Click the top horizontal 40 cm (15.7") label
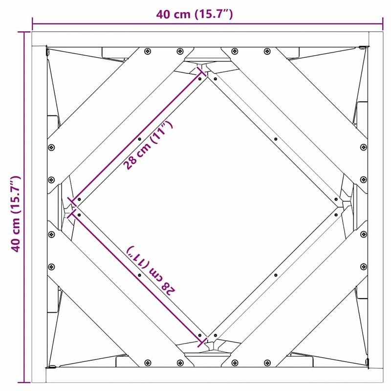pyautogui.click(x=194, y=14)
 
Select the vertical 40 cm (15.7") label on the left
pyautogui.click(x=16, y=214)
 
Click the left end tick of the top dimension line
pyautogui.click(x=33, y=22)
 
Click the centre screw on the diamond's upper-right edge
pyautogui.click(x=276, y=139)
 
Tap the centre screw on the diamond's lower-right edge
pyautogui.click(x=276, y=275)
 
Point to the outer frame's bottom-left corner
pyautogui.click(x=32, y=382)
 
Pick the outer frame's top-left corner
pyautogui.click(x=32, y=32)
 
